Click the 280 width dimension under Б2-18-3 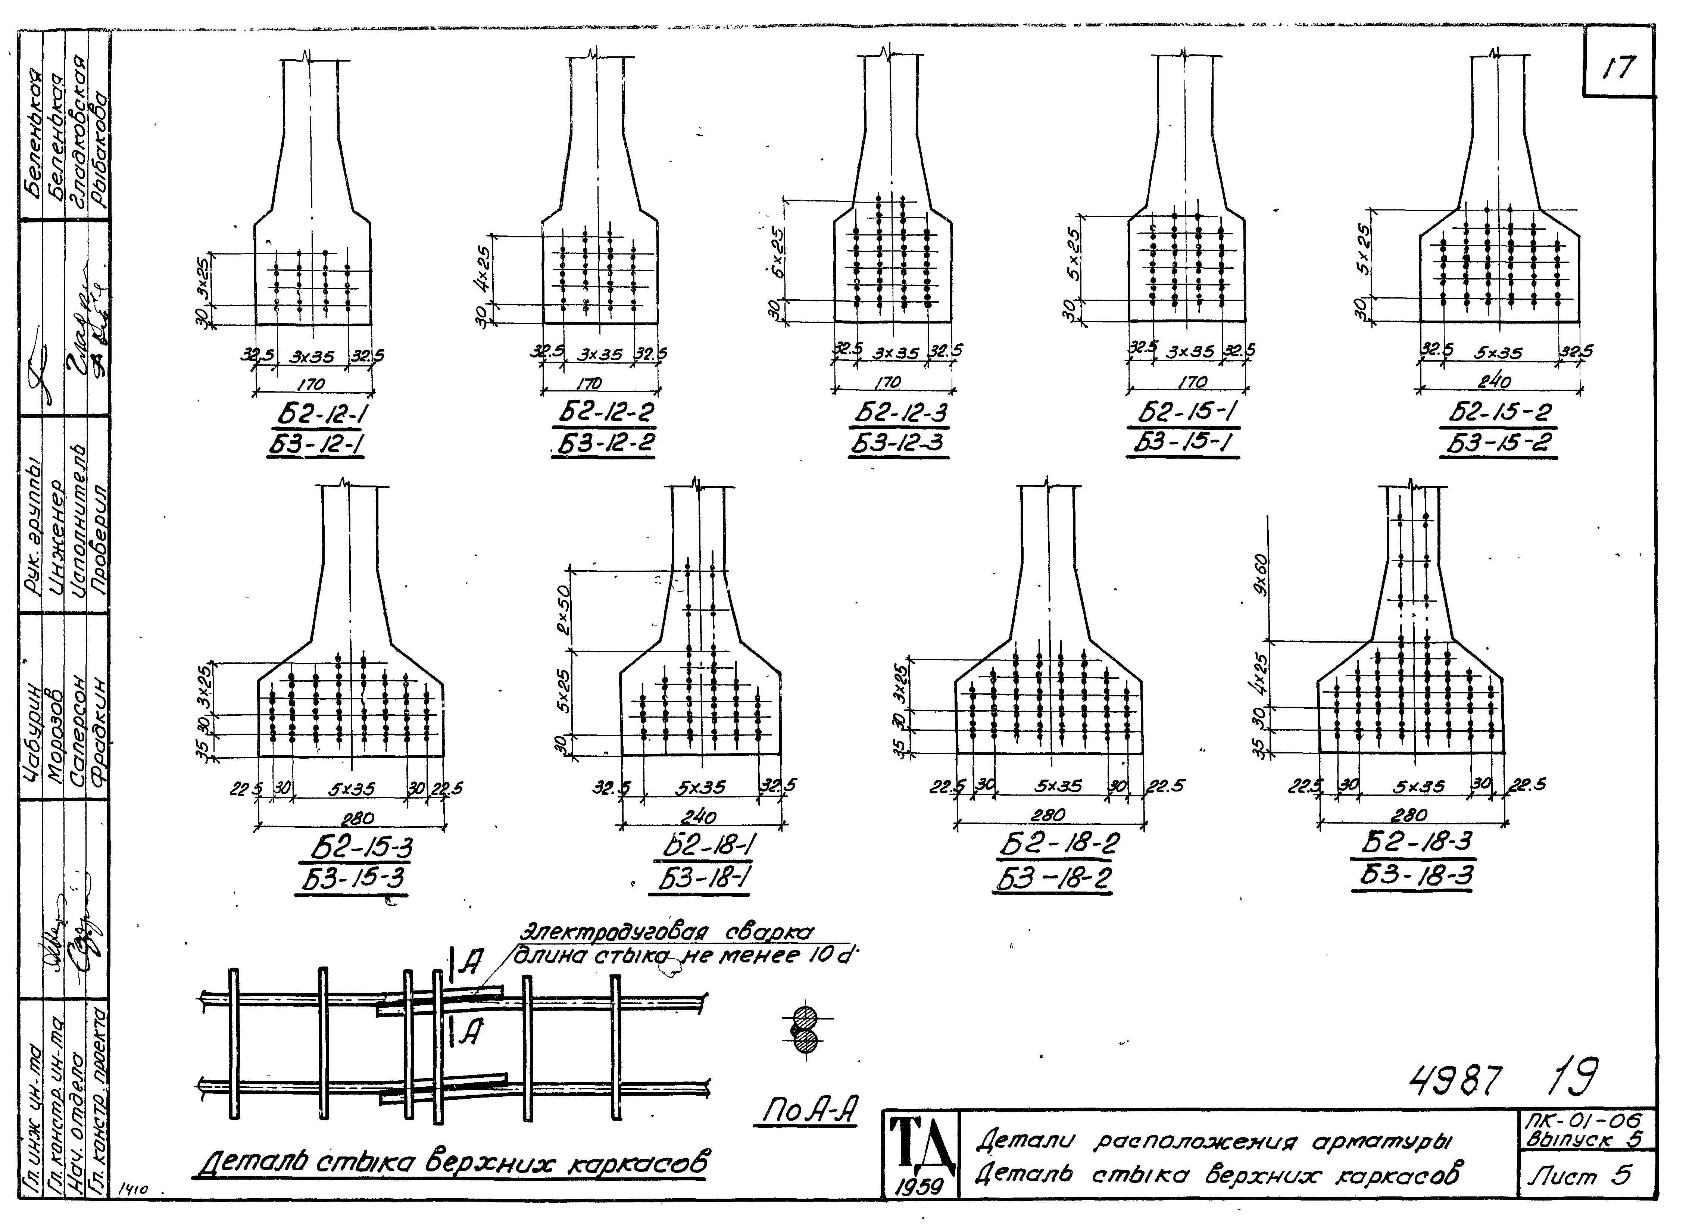click(1409, 815)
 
